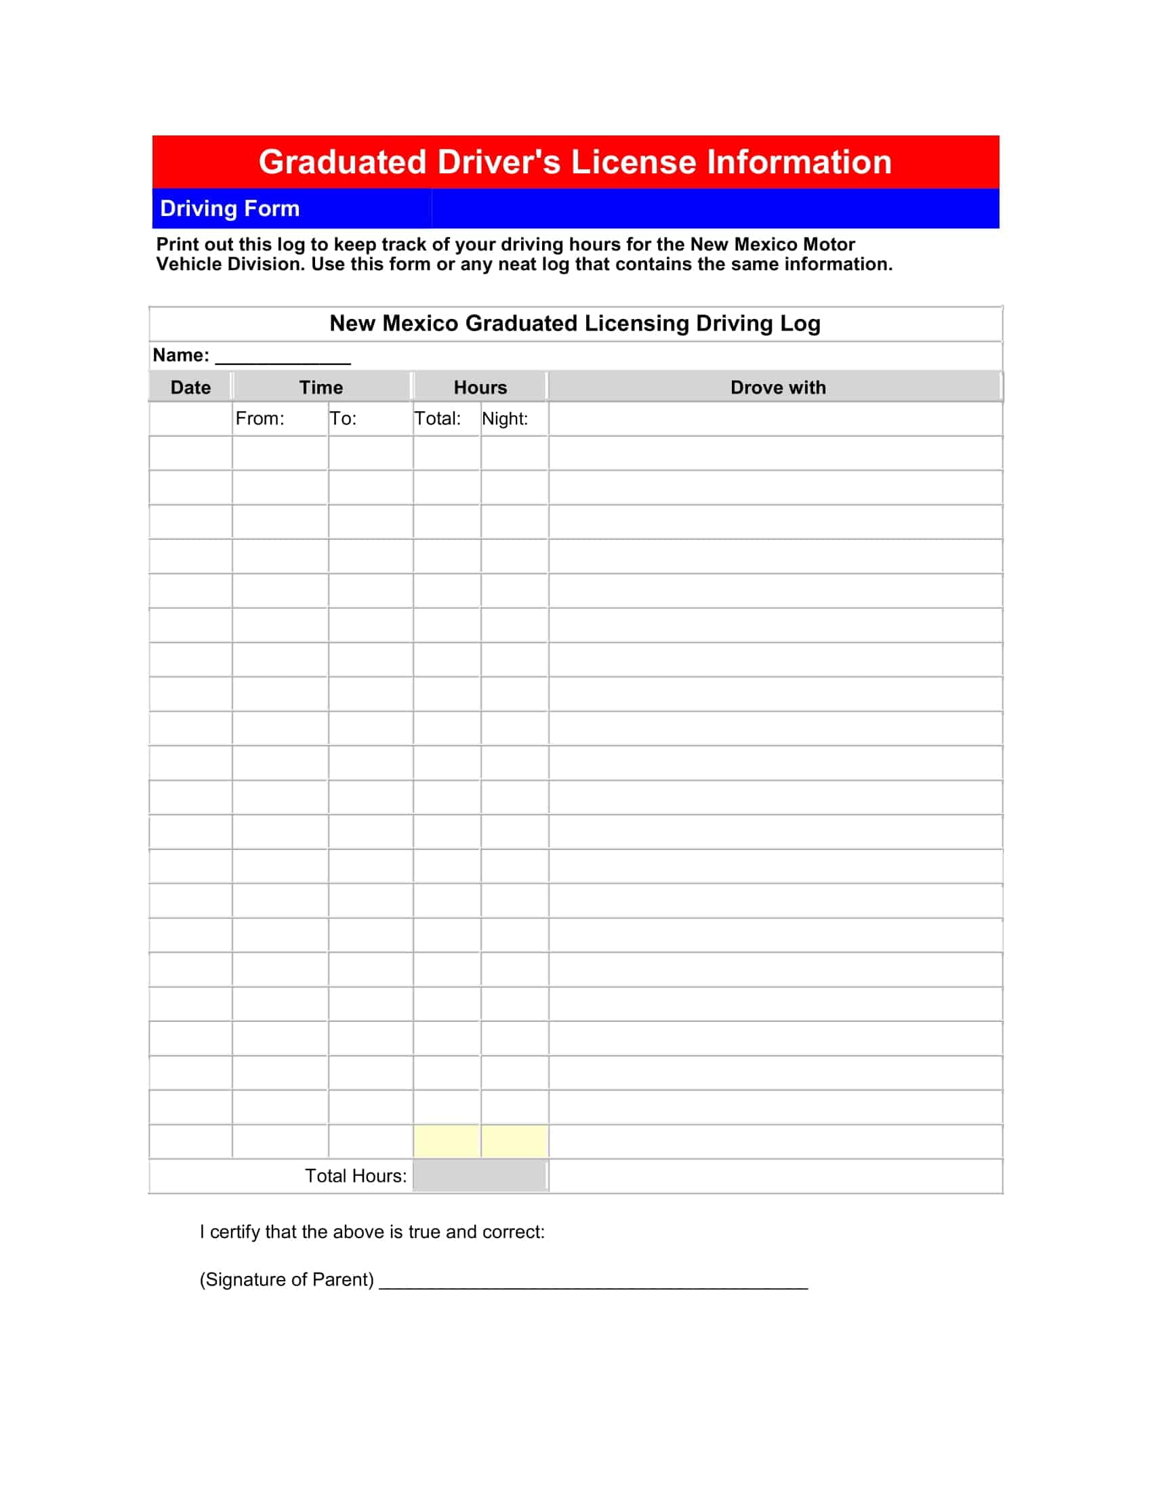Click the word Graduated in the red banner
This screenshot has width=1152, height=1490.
(342, 163)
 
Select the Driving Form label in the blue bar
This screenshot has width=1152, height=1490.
(229, 208)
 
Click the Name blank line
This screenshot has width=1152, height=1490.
(283, 358)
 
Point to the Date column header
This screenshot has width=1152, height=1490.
(190, 387)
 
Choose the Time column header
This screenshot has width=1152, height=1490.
(321, 387)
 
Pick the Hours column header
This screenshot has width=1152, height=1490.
(480, 387)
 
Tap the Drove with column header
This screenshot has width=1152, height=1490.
(777, 387)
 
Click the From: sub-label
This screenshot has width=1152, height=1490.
(260, 418)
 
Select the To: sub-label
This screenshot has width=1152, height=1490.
(343, 418)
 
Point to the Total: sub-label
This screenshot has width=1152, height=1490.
(438, 418)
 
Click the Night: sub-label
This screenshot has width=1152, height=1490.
(504, 418)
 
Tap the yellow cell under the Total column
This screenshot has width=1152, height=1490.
(447, 1141)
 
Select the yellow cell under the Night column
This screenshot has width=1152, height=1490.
(514, 1141)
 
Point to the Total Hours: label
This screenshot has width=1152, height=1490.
(355, 1176)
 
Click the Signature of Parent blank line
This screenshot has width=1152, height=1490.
(593, 1283)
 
